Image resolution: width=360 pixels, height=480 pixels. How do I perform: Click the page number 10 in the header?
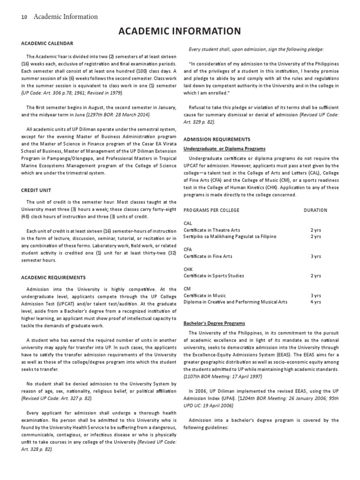(24, 17)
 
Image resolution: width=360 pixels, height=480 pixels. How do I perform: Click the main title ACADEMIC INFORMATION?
(180, 31)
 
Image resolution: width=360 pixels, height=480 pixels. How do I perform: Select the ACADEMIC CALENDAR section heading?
(47, 44)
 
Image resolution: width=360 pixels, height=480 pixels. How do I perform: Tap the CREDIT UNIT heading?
(36, 191)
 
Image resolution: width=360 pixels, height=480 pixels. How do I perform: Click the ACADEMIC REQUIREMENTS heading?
(53, 277)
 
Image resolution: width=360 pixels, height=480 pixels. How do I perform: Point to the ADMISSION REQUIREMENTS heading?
(217, 139)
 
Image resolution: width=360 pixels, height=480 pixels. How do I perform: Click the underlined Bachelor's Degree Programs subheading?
(214, 323)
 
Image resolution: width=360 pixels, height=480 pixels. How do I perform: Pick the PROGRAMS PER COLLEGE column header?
(211, 210)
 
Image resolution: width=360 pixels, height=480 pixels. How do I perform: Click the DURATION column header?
(315, 210)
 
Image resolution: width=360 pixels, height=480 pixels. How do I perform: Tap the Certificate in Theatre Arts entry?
(211, 230)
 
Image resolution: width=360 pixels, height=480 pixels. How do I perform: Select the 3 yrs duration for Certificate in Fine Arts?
(315, 256)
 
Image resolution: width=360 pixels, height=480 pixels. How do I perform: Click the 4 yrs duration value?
(315, 302)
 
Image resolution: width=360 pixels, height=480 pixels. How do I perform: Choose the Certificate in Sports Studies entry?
(213, 276)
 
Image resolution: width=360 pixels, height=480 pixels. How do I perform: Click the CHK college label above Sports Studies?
(187, 270)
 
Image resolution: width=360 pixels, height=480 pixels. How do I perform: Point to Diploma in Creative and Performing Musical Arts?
(235, 302)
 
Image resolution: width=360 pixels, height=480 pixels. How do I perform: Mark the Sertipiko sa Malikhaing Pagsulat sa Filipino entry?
(230, 237)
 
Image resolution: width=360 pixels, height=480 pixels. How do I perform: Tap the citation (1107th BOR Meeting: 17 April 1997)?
(223, 376)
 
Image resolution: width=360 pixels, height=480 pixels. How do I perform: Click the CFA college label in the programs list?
(187, 250)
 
